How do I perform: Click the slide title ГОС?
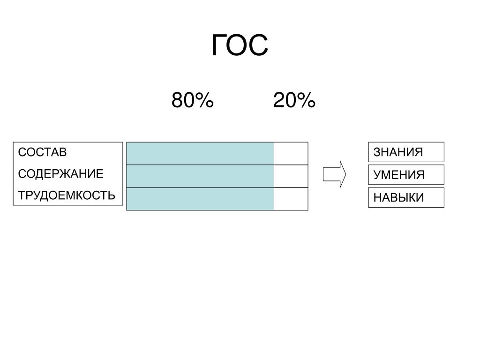[x=240, y=45]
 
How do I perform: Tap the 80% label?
[x=192, y=100]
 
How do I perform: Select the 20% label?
[x=294, y=100]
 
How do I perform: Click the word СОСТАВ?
[x=42, y=152]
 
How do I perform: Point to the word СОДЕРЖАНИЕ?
[x=60, y=174]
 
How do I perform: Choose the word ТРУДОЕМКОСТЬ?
[x=67, y=195]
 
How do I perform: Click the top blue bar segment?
[x=200, y=153]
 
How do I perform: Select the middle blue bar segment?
[x=200, y=176]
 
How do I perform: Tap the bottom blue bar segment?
[x=200, y=199]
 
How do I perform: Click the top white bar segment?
[x=291, y=153]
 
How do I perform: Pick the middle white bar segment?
[x=291, y=176]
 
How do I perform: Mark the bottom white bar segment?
[x=291, y=199]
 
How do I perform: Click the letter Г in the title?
[x=219, y=45]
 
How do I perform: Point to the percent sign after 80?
[x=204, y=100]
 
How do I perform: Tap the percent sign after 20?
[x=306, y=100]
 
